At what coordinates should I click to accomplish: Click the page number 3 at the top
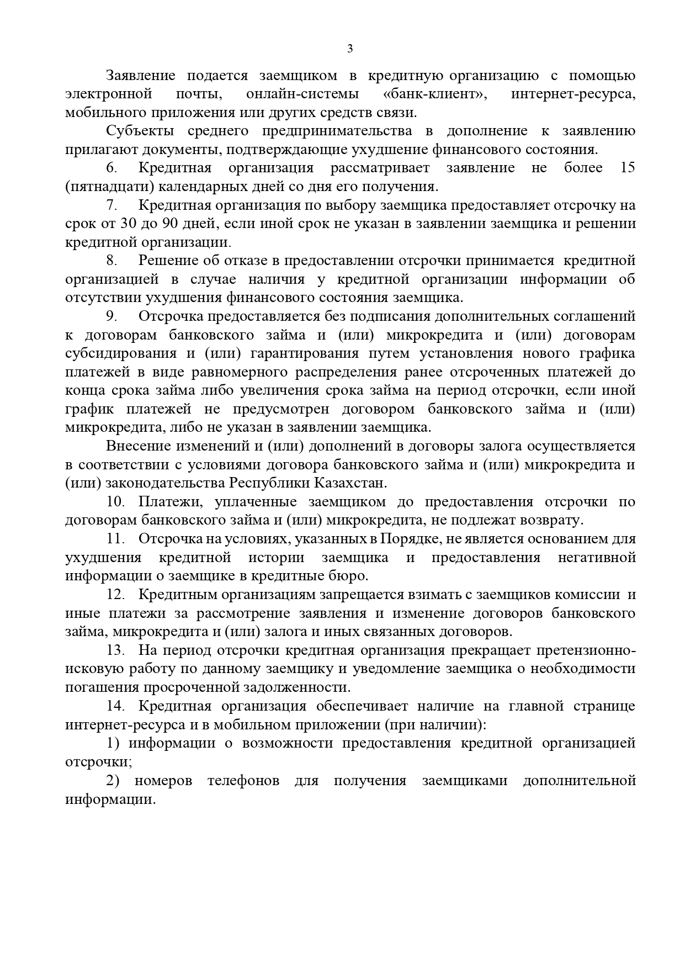tap(349, 49)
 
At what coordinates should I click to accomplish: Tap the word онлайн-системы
tap(302, 94)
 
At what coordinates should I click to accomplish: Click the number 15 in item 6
tap(627, 168)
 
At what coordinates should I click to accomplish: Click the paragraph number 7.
tap(111, 205)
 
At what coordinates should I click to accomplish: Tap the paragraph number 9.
tap(111, 316)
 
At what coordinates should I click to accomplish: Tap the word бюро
tap(350, 576)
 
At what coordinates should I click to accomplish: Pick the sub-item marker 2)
tap(113, 781)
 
